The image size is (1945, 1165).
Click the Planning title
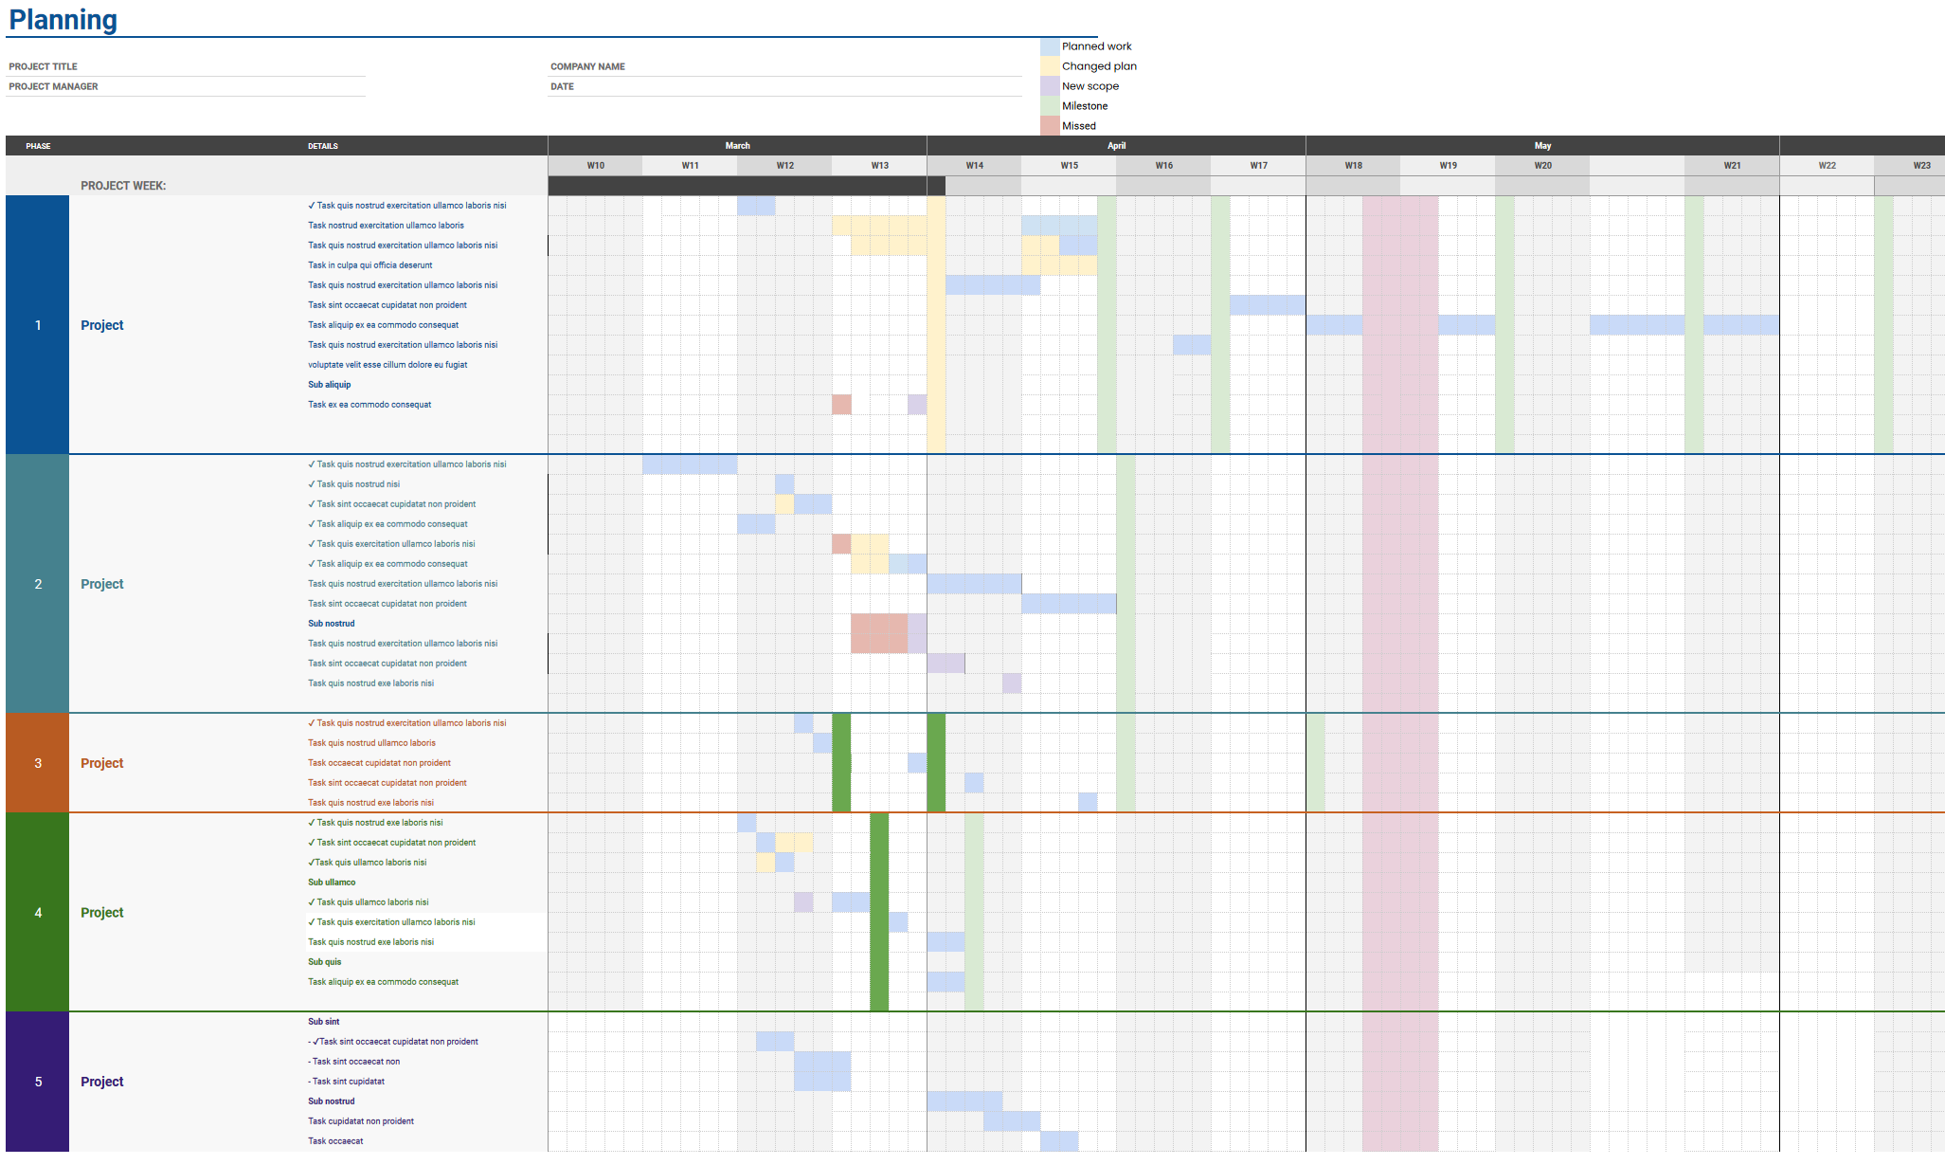tap(63, 20)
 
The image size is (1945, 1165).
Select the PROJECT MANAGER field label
tap(54, 86)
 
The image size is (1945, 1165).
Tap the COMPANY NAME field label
tap(587, 66)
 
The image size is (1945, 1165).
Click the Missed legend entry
tap(1078, 126)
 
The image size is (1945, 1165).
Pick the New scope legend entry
tap(1090, 86)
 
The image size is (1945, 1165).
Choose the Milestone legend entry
tap(1084, 106)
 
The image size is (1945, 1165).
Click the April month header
tap(1116, 146)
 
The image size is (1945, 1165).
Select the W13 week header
tap(879, 166)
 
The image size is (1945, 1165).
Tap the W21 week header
tap(1732, 166)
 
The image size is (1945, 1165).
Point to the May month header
tap(1542, 146)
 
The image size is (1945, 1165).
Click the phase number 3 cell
tap(38, 763)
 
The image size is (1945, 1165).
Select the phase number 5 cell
tap(38, 1082)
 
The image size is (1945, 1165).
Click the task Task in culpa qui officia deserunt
tap(369, 265)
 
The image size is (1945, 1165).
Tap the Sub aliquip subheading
tap(329, 385)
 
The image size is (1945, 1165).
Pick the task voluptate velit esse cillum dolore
tap(387, 365)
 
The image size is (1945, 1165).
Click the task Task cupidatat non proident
tap(360, 1121)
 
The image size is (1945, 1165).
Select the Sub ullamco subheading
tap(332, 883)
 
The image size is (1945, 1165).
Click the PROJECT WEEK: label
tap(123, 186)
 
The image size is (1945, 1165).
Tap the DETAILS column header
tap(322, 146)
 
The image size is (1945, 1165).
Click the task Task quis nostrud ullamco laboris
tap(371, 743)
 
